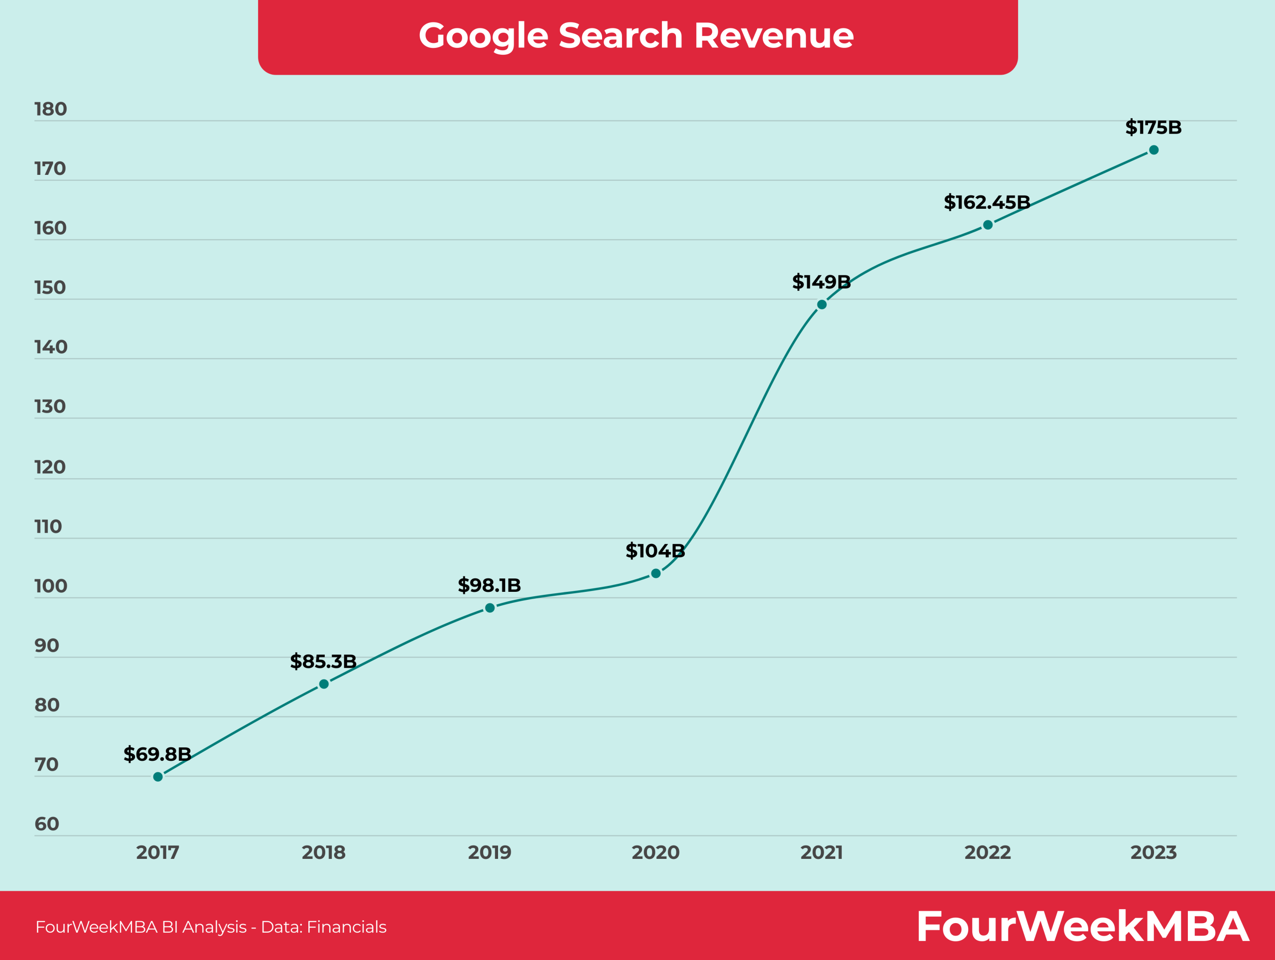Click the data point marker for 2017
pyautogui.click(x=158, y=777)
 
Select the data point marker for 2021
pyautogui.click(x=822, y=304)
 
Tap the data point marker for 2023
pyautogui.click(x=1154, y=150)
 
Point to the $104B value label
pyautogui.click(x=655, y=550)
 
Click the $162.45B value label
pyautogui.click(x=987, y=202)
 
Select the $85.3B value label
pyautogui.click(x=323, y=661)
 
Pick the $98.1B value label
pyautogui.click(x=490, y=585)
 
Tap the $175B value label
pyautogui.click(x=1153, y=128)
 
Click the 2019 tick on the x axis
pyautogui.click(x=490, y=852)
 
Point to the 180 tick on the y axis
pyautogui.click(x=51, y=110)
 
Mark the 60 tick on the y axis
pyautogui.click(x=47, y=824)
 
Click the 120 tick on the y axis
pyautogui.click(x=50, y=467)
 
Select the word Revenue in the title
pyautogui.click(x=773, y=36)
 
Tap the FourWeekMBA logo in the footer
pyautogui.click(x=1082, y=927)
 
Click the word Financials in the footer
pyautogui.click(x=347, y=927)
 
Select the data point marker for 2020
pyautogui.click(x=656, y=573)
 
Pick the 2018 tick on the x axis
pyautogui.click(x=323, y=852)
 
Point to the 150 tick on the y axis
pyautogui.click(x=51, y=288)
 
